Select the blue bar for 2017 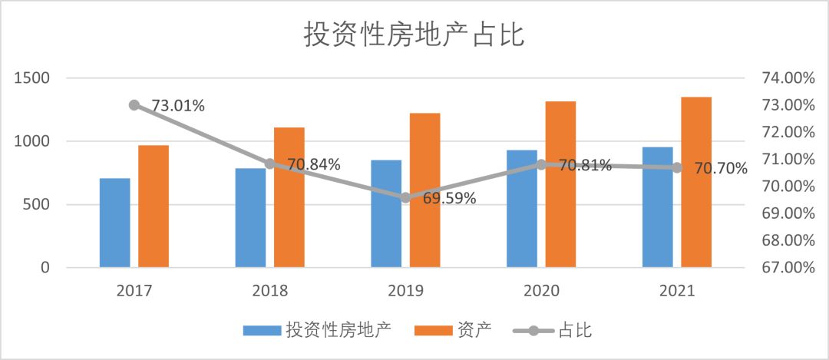click(114, 223)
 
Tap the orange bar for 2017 click(154, 206)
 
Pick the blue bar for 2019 click(386, 213)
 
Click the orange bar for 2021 click(696, 182)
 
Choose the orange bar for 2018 click(289, 197)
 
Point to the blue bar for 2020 click(522, 209)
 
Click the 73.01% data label click(178, 106)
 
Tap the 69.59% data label click(449, 198)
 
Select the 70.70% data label click(721, 168)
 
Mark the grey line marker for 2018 click(269, 163)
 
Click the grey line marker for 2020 click(541, 164)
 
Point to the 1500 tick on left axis click(31, 78)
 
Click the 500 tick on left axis click(35, 205)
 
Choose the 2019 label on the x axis click(405, 291)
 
